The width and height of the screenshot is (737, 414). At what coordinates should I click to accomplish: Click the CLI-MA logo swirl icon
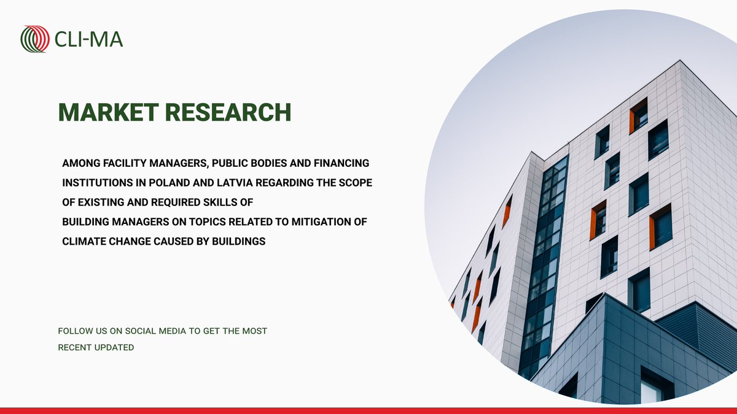[x=35, y=39]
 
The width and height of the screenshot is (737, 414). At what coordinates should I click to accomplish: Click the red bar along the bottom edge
[x=368, y=410]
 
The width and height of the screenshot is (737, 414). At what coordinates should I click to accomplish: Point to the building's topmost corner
[x=680, y=61]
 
